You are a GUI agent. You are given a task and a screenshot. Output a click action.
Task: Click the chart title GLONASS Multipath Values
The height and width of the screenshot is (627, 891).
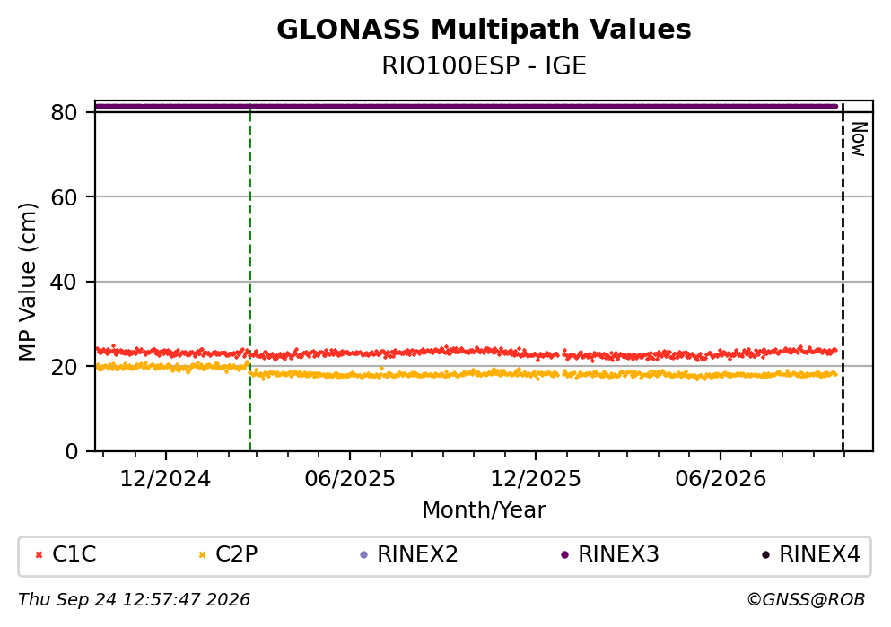click(x=484, y=30)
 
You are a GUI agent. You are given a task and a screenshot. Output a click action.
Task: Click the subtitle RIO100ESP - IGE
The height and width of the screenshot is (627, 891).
click(x=484, y=65)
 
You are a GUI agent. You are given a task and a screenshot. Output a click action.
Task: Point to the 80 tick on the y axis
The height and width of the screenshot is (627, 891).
click(x=64, y=112)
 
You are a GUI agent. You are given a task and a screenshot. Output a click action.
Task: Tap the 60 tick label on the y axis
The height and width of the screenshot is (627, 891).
click(x=64, y=197)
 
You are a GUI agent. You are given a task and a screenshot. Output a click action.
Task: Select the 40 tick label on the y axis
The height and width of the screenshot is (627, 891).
click(x=64, y=282)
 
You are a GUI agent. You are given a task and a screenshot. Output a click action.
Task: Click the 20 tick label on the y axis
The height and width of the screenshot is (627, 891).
click(x=64, y=366)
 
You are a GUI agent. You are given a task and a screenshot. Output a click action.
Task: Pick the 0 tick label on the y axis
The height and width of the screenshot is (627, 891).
click(x=71, y=451)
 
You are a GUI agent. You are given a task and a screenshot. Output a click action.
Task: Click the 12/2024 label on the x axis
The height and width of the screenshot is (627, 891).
click(x=165, y=479)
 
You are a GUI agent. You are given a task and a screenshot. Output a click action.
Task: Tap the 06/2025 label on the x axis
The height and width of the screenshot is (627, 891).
click(x=349, y=479)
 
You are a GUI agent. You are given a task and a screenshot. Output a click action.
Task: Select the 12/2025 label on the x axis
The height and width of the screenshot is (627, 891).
click(x=536, y=479)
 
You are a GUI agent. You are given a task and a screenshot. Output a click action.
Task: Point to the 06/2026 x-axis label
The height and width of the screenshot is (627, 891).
click(x=721, y=479)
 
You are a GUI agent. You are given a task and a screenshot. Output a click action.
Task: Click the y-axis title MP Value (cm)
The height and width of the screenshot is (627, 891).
click(x=27, y=282)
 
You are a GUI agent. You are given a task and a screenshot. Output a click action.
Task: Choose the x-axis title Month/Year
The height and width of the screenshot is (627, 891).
click(x=484, y=510)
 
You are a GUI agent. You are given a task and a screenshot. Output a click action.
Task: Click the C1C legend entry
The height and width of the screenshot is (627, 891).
click(x=66, y=554)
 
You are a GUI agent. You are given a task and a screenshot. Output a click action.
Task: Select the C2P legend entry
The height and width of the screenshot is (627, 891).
click(x=228, y=554)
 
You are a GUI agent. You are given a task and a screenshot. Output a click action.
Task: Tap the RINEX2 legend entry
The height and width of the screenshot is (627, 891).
click(x=409, y=554)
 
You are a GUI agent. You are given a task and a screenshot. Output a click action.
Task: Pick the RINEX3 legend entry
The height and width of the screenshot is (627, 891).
click(x=610, y=554)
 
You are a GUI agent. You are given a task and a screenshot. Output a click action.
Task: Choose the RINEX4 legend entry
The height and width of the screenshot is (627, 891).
click(x=811, y=554)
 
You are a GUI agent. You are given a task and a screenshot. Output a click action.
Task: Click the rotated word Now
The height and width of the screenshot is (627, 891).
click(x=859, y=139)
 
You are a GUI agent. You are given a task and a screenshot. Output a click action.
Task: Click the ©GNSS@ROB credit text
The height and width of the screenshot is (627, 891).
click(x=806, y=600)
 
